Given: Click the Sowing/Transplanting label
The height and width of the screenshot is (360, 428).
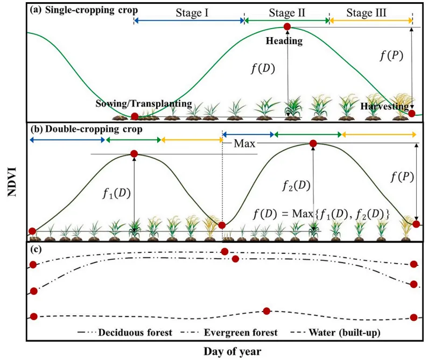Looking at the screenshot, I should point(144,103).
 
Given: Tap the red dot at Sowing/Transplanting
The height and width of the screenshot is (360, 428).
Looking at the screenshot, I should point(135,116).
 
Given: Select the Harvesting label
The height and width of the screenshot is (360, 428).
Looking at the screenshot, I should point(385,107).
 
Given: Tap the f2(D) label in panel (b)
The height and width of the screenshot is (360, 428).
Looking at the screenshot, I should point(296,186).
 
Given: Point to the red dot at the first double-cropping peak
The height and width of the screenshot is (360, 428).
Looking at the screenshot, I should point(135,154).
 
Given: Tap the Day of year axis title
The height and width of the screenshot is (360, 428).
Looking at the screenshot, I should point(232,351).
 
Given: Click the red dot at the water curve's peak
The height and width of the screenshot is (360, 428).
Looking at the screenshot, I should point(266,311).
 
